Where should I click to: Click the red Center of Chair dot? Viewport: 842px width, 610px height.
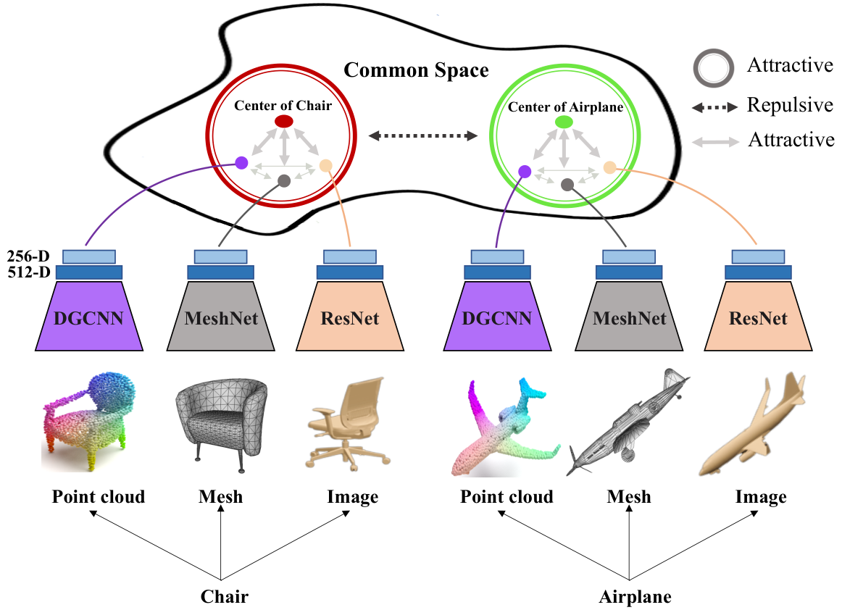[284, 122]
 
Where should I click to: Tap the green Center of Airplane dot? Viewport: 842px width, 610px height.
[563, 122]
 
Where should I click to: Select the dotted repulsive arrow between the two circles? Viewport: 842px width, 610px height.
[423, 136]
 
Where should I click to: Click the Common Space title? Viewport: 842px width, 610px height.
[416, 70]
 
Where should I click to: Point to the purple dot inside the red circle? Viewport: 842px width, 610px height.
[241, 163]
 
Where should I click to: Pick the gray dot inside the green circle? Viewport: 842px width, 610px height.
[567, 185]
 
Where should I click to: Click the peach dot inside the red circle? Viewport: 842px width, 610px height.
[325, 165]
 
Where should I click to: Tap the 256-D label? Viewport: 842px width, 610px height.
[28, 256]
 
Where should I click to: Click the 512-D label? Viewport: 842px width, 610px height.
[28, 272]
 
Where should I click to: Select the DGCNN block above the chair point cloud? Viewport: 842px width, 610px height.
[89, 315]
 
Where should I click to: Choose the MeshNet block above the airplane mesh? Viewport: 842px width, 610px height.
[629, 315]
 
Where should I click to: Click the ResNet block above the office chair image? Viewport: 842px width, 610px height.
[350, 315]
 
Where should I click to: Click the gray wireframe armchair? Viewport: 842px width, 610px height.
[221, 425]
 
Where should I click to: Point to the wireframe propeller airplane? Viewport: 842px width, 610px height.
[628, 422]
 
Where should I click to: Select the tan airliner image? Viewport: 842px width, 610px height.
[752, 425]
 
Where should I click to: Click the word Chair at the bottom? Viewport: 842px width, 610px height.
[225, 596]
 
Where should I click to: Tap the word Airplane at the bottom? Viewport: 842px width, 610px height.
[635, 596]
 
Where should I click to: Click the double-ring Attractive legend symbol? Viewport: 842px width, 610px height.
[714, 68]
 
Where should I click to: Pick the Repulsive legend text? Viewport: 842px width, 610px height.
[790, 105]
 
